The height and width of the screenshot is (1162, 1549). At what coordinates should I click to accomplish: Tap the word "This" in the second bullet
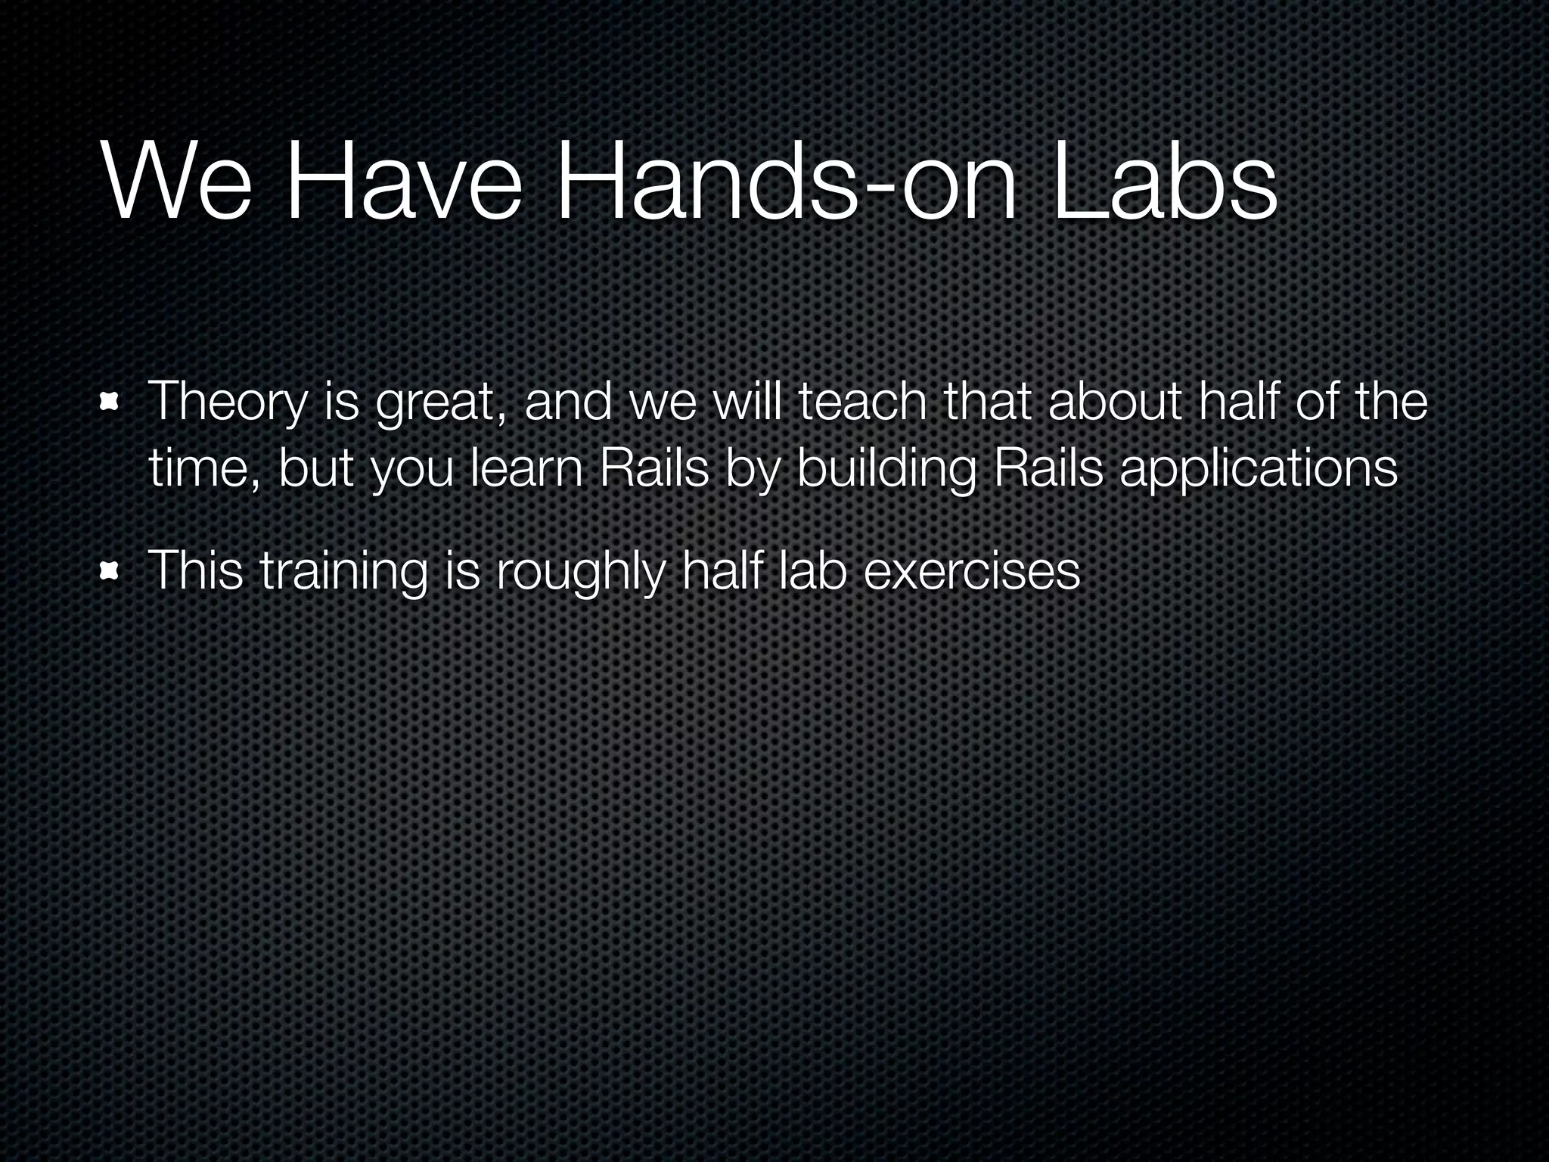tap(196, 570)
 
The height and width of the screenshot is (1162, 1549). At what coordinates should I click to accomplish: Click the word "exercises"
tap(971, 571)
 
